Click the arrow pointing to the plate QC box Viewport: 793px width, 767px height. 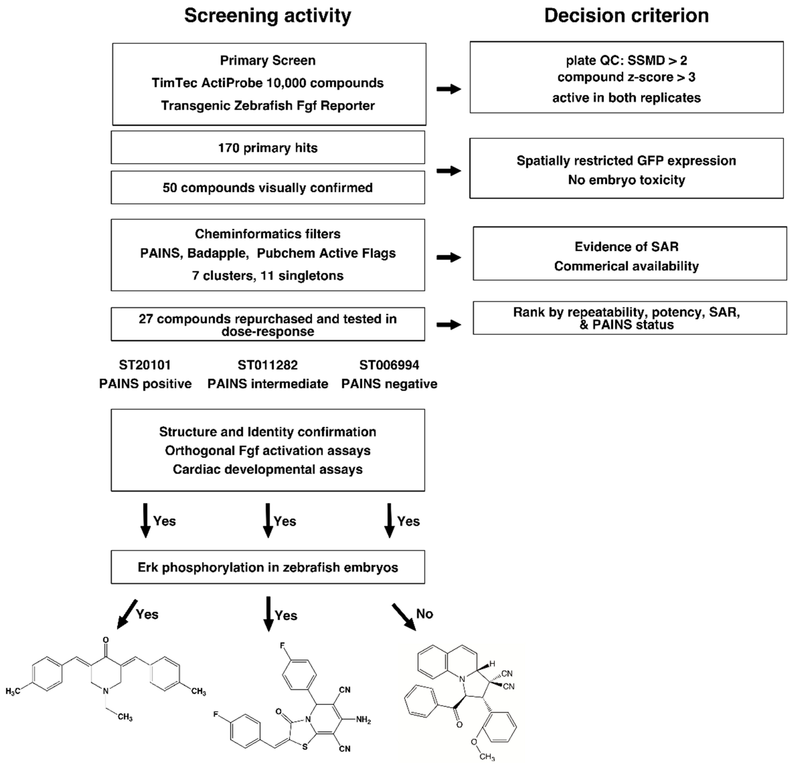[x=448, y=89]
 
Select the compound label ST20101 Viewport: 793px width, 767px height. [x=145, y=365]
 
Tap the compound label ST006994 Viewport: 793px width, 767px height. [x=389, y=365]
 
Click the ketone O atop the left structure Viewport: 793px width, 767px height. [x=106, y=640]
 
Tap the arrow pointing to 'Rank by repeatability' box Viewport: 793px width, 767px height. [x=448, y=324]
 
